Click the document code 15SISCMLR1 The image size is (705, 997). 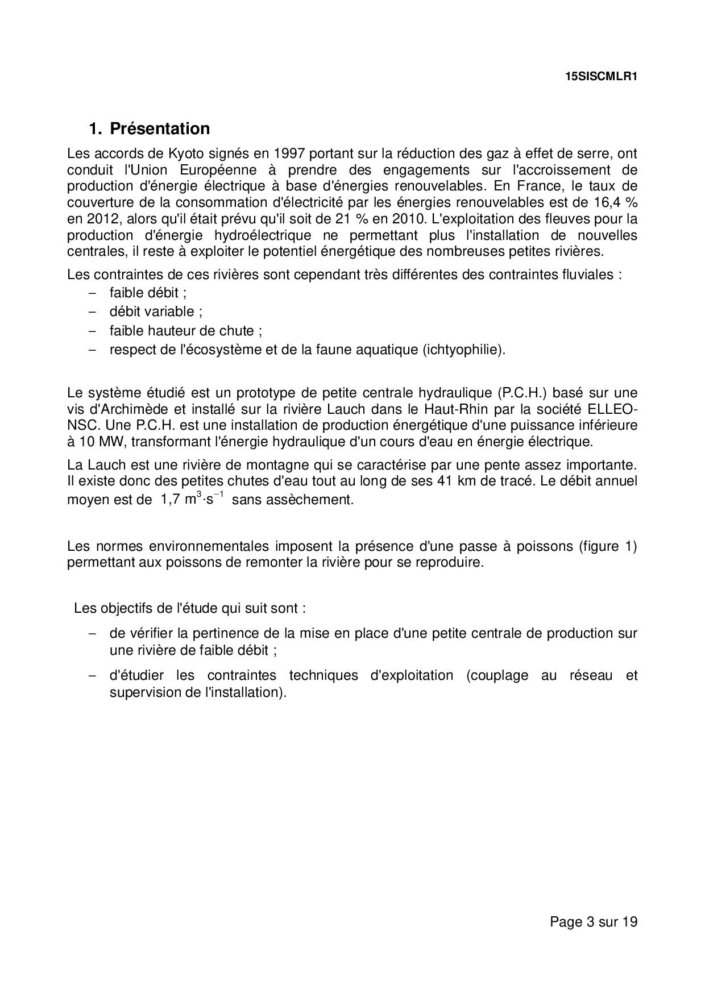[601, 77]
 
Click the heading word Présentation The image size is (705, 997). [160, 128]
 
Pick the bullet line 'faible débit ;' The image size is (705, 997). [148, 293]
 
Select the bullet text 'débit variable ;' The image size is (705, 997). [156, 311]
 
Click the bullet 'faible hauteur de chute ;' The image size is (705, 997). [185, 330]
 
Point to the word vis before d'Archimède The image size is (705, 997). [75, 409]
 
